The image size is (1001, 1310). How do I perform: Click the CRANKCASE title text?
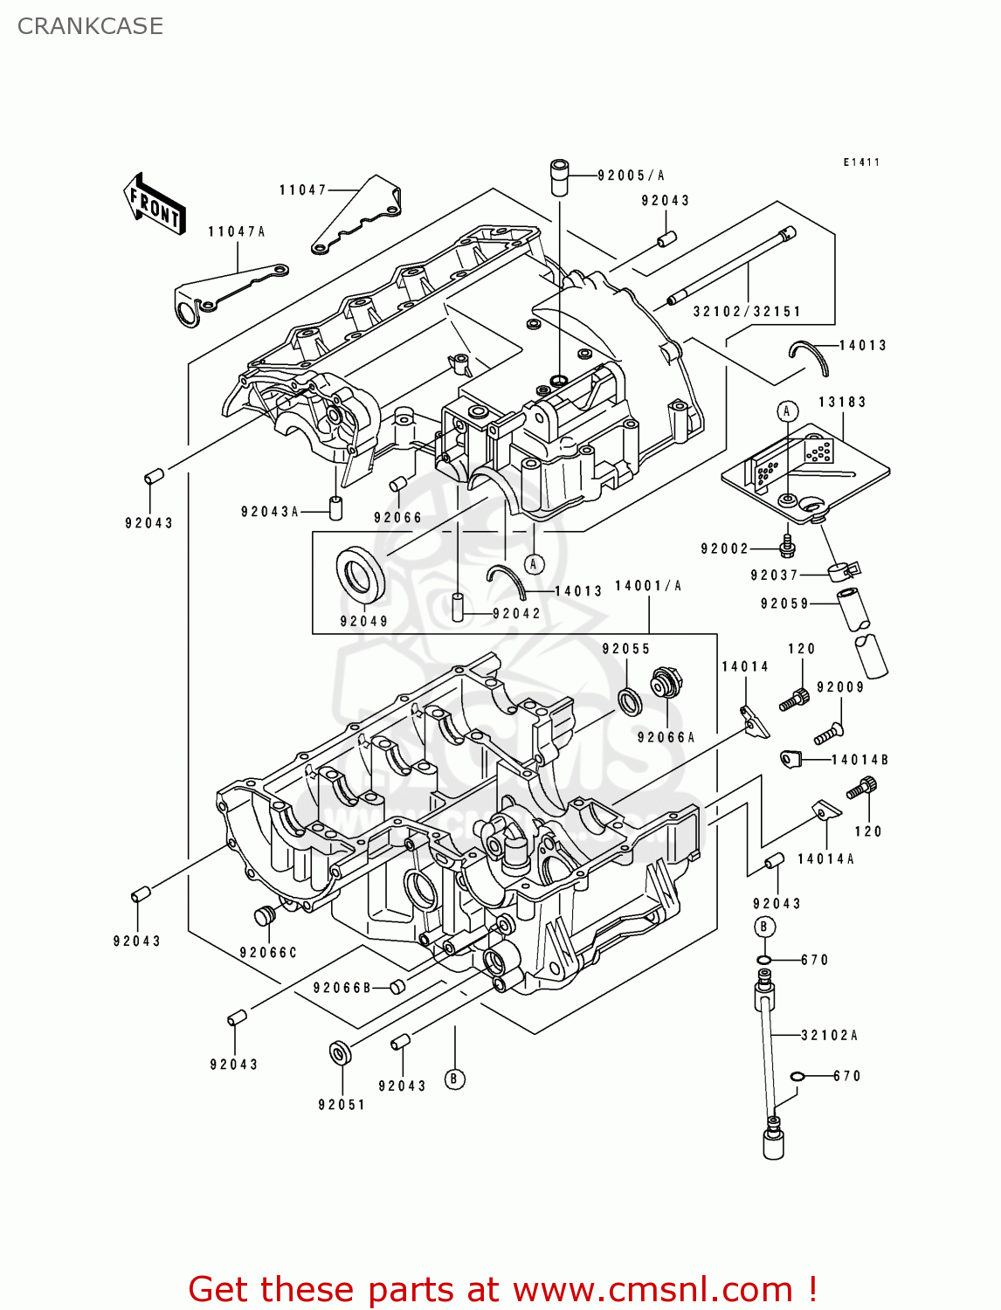[90, 26]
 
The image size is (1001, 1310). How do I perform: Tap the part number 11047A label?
[236, 231]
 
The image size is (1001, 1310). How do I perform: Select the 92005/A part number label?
[631, 176]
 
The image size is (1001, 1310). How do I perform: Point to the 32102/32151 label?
[747, 312]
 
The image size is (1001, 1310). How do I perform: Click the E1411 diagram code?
[861, 162]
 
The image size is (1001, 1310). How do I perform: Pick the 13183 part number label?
[842, 402]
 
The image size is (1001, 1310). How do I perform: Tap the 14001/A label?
[648, 586]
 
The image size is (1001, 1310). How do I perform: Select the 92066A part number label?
[666, 738]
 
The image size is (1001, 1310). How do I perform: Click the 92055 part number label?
[626, 649]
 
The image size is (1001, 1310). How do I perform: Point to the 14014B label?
[859, 760]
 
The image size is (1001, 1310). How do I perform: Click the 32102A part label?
[830, 1036]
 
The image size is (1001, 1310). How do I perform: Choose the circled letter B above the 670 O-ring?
[764, 927]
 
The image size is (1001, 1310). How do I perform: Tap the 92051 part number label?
[342, 1105]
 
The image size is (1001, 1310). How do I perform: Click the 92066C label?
[268, 953]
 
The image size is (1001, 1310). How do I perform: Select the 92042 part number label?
[516, 614]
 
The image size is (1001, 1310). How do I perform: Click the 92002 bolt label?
[724, 548]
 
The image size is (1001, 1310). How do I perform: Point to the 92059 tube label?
[784, 603]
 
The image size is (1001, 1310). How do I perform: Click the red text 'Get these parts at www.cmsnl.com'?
[502, 1289]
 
